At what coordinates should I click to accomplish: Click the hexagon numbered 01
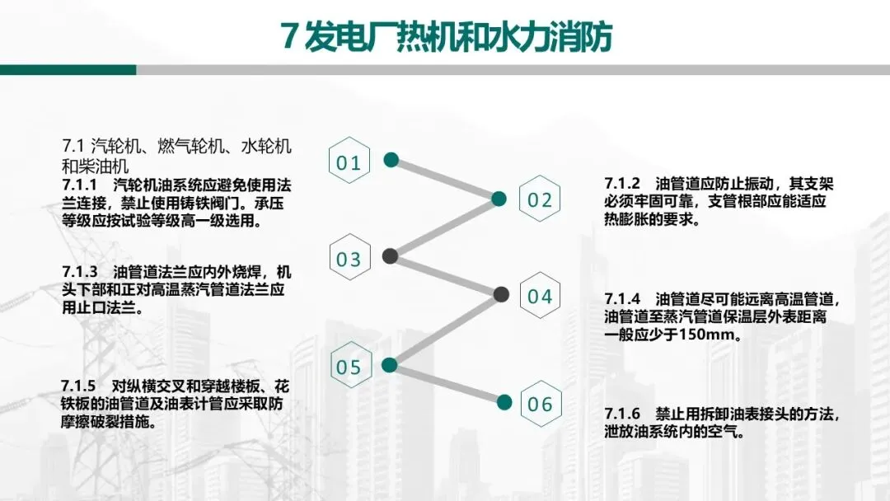[349, 162]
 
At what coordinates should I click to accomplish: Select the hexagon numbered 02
[540, 199]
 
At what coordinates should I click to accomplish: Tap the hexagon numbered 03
[349, 260]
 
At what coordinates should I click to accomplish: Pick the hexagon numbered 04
[540, 297]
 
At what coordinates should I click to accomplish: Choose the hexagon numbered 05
[349, 367]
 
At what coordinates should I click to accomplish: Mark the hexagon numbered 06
[540, 404]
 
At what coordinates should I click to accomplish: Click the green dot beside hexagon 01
[391, 159]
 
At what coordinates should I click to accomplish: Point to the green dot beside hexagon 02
[499, 199]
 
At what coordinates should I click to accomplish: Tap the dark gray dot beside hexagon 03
[391, 256]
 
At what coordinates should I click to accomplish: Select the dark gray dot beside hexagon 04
[501, 294]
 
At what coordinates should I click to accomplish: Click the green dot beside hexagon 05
[391, 364]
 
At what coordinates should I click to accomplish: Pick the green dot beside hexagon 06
[504, 402]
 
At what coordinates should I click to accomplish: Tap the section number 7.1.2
[622, 183]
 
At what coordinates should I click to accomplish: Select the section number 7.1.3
[80, 271]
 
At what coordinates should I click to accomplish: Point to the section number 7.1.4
[622, 298]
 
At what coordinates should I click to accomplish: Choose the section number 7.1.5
[79, 386]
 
